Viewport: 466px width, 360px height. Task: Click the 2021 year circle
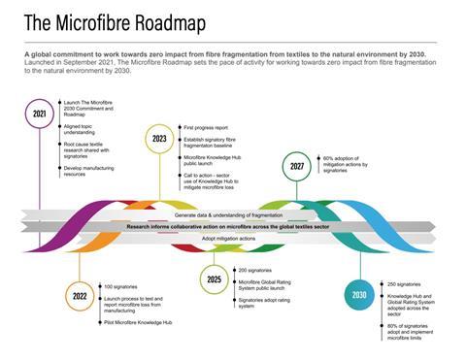pyautogui.click(x=40, y=114)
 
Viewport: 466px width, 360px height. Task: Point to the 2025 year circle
pyautogui.click(x=215, y=278)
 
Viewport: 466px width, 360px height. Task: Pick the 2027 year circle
pyautogui.click(x=297, y=166)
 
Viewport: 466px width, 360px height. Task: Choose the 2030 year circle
pyautogui.click(x=359, y=294)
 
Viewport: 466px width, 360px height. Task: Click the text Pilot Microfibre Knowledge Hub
pyautogui.click(x=139, y=321)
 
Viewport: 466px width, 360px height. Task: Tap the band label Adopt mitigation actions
pyautogui.click(x=229, y=237)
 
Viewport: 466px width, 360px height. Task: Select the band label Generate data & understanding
pyautogui.click(x=233, y=213)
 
